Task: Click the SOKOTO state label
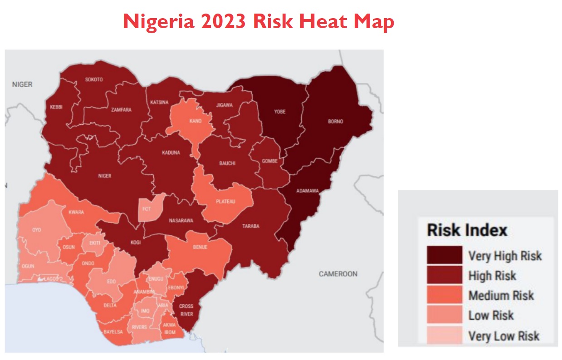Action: coord(94,80)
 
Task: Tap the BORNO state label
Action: coord(335,122)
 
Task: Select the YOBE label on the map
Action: coord(279,112)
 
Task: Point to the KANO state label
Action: coord(195,121)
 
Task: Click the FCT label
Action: coord(147,209)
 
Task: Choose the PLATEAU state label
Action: coord(225,202)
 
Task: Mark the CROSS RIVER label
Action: coord(186,310)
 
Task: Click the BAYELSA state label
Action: coord(113,332)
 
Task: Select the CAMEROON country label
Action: coord(338,274)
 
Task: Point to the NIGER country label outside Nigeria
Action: coord(22,84)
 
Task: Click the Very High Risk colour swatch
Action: coord(444,255)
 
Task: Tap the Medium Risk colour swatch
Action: coord(444,295)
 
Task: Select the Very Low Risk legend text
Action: coord(503,336)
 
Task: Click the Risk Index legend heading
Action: coord(467,230)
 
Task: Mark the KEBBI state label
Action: coord(56,107)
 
